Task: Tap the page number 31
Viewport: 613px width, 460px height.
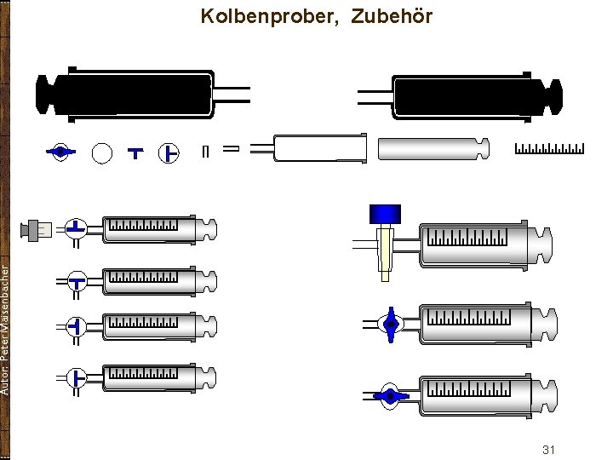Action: point(548,449)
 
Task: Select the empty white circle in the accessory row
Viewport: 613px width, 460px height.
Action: point(102,152)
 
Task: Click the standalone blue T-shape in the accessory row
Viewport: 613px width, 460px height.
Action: point(135,153)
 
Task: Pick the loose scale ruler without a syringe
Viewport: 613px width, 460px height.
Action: point(550,149)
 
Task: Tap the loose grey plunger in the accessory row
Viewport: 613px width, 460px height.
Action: point(433,148)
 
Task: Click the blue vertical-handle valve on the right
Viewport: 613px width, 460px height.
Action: point(390,324)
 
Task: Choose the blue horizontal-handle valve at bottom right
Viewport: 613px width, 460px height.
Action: point(390,395)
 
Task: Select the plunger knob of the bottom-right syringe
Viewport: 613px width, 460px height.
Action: point(549,394)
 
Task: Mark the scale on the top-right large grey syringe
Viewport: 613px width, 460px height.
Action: point(467,237)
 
